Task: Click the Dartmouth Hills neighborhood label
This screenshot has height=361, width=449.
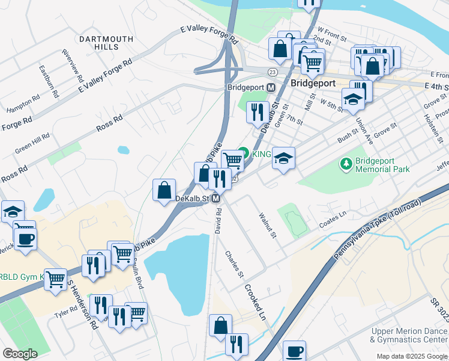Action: pos(106,43)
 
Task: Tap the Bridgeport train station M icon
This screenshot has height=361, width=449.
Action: pos(271,87)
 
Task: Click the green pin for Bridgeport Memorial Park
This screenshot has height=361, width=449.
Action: pos(346,164)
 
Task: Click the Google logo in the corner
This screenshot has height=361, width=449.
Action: pos(20,354)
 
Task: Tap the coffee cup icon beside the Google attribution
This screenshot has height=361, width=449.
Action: pos(294,351)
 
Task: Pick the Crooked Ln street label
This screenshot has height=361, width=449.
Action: pos(255,302)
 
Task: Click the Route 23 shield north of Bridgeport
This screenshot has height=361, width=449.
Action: pos(273,72)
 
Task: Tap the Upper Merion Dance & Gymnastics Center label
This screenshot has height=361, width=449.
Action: pos(409,335)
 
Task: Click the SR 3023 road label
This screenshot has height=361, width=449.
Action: pos(438,309)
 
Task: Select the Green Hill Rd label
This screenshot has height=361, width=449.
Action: pos(32,144)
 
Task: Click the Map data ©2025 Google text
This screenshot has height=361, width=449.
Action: pos(411,356)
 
